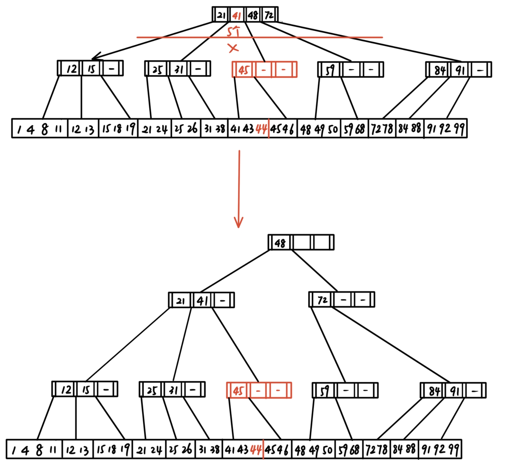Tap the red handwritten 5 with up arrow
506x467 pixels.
pos(233,31)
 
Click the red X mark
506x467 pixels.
pos(233,48)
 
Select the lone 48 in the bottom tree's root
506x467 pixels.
pos(280,243)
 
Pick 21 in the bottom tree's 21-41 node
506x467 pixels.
pos(180,301)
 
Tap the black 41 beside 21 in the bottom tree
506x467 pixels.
pos(202,301)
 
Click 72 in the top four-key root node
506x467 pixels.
pos(269,15)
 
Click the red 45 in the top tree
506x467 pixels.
pos(243,70)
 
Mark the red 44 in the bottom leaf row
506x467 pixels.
pos(256,450)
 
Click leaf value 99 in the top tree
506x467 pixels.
pos(459,129)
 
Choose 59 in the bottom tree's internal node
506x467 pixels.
pos(324,391)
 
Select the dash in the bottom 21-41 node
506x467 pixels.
pos(222,301)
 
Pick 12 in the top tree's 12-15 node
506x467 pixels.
pos(72,69)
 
